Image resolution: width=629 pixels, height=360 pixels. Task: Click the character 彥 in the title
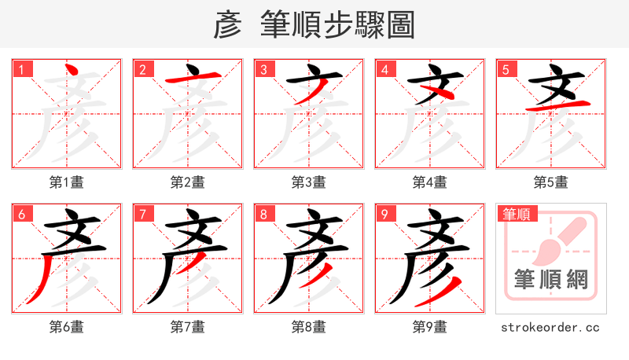[228, 25]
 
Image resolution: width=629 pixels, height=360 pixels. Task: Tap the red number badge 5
[506, 69]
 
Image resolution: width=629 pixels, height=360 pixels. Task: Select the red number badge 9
[384, 214]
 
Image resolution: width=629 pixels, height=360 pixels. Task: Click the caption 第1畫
[66, 182]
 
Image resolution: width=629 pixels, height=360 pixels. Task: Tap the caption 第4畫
[429, 182]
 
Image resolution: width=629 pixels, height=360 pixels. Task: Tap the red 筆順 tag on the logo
[516, 214]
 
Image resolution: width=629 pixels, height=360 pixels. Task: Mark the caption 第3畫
[308, 182]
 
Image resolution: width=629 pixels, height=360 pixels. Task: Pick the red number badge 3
[263, 69]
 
